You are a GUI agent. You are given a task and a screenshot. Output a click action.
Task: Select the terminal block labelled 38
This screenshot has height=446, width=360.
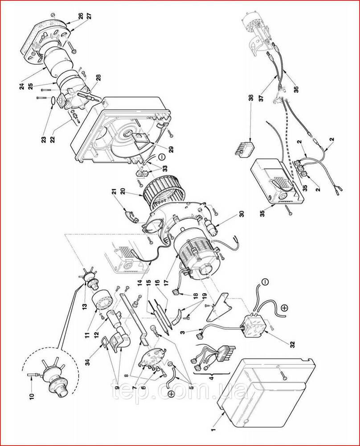click(x=244, y=148)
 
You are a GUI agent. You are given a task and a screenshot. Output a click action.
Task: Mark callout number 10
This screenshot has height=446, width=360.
click(x=31, y=395)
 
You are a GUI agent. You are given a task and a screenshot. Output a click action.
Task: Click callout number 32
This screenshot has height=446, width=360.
click(x=292, y=344)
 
